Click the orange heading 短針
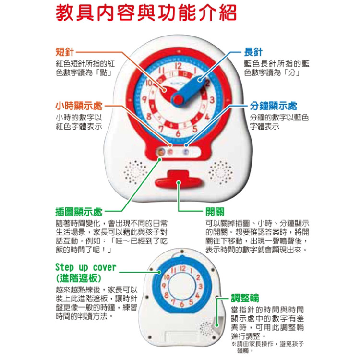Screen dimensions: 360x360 (64, 52)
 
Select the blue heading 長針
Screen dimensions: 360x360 (253, 52)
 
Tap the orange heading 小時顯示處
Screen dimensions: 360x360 (79, 106)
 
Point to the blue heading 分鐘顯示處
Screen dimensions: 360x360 (273, 106)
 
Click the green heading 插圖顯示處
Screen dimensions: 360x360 (79, 212)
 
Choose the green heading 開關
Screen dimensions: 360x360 (215, 212)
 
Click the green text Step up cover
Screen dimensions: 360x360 (85, 267)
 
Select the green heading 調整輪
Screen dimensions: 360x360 (245, 298)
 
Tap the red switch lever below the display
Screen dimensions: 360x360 (179, 180)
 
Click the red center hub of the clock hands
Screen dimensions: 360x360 (178, 100)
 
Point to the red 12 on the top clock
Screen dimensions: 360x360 (179, 66)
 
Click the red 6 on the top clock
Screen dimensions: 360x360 (178, 133)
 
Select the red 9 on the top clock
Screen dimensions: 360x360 (144, 100)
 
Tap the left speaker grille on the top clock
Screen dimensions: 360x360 (135, 172)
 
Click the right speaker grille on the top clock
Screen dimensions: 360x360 (221, 173)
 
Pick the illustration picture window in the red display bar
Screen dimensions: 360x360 (161, 152)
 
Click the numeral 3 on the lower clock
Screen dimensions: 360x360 (200, 287)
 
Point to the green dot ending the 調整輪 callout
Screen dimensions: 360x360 (216, 325)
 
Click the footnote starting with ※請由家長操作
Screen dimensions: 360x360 (268, 347)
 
